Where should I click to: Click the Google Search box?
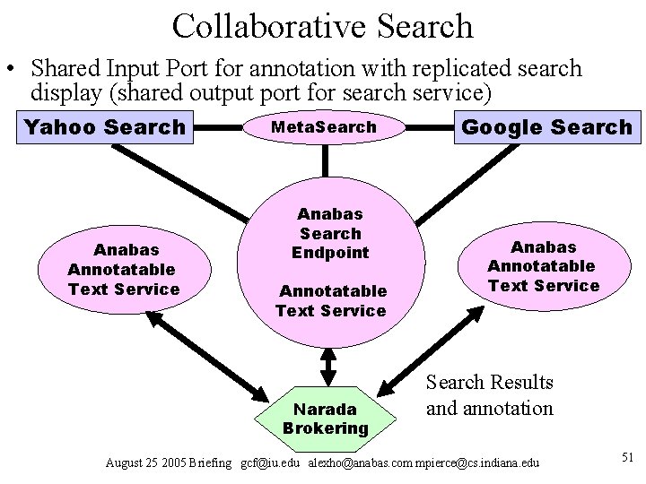tap(546, 127)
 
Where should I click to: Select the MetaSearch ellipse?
tap(324, 127)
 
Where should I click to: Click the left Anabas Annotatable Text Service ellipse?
tap(124, 269)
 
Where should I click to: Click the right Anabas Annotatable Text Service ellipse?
tap(543, 265)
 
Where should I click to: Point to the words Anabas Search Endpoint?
tap(329, 233)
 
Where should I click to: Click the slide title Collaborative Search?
tap(322, 25)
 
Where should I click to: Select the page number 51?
tap(627, 458)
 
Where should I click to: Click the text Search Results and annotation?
tap(489, 395)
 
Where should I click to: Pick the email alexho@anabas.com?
tap(356, 462)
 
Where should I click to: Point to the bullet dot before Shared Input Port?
tap(10, 70)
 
